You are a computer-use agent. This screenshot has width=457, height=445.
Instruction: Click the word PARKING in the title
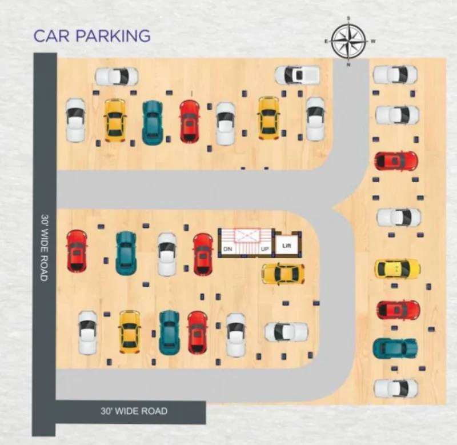tap(113, 36)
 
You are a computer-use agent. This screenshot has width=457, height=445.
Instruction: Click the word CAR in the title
tap(52, 36)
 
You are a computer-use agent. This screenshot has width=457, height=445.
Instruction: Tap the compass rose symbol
tap(348, 41)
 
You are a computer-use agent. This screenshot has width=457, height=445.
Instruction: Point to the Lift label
tap(287, 246)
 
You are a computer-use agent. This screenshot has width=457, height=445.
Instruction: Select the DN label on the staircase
tap(228, 249)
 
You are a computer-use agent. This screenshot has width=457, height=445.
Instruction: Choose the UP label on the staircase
tap(264, 250)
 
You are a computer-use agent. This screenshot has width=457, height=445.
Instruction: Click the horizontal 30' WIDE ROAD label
tap(134, 411)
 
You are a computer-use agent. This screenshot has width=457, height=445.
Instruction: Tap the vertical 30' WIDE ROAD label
tap(45, 248)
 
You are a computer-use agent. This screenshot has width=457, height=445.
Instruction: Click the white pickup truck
tap(297, 75)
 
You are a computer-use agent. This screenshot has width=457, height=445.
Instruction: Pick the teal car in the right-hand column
tap(395, 348)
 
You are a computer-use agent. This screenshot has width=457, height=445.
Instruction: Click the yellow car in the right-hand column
tap(398, 268)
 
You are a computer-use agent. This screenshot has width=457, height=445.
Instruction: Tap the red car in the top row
tap(190, 122)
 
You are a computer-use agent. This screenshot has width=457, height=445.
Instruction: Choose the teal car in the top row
tap(152, 123)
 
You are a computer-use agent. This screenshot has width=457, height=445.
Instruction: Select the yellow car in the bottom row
tap(130, 332)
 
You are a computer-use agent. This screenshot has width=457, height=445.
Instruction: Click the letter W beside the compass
tap(373, 41)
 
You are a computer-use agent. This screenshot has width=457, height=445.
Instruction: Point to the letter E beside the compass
tap(326, 41)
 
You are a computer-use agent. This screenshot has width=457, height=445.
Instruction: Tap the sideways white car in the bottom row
tap(286, 332)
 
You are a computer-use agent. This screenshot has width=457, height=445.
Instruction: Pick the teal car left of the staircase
tap(126, 253)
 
